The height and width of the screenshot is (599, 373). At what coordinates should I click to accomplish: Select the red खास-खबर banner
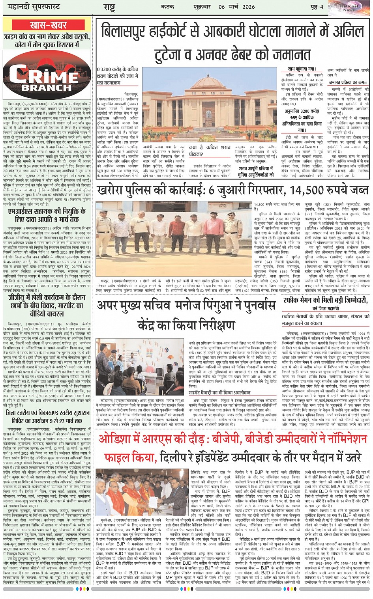(x=48, y=25)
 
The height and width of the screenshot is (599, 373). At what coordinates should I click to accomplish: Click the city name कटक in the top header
(x=167, y=7)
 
